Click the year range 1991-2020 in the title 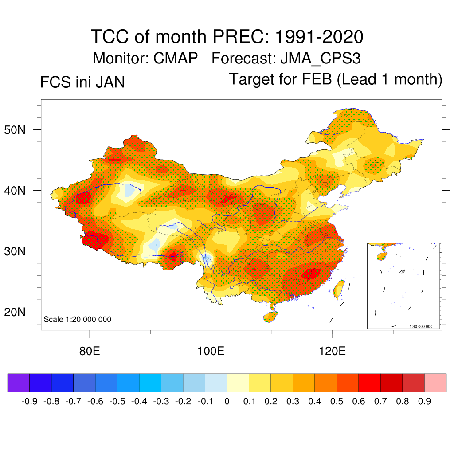(319, 36)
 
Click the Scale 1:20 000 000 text (78, 319)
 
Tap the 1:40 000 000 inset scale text (424, 327)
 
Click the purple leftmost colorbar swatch (19, 383)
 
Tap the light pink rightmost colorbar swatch (435, 383)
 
